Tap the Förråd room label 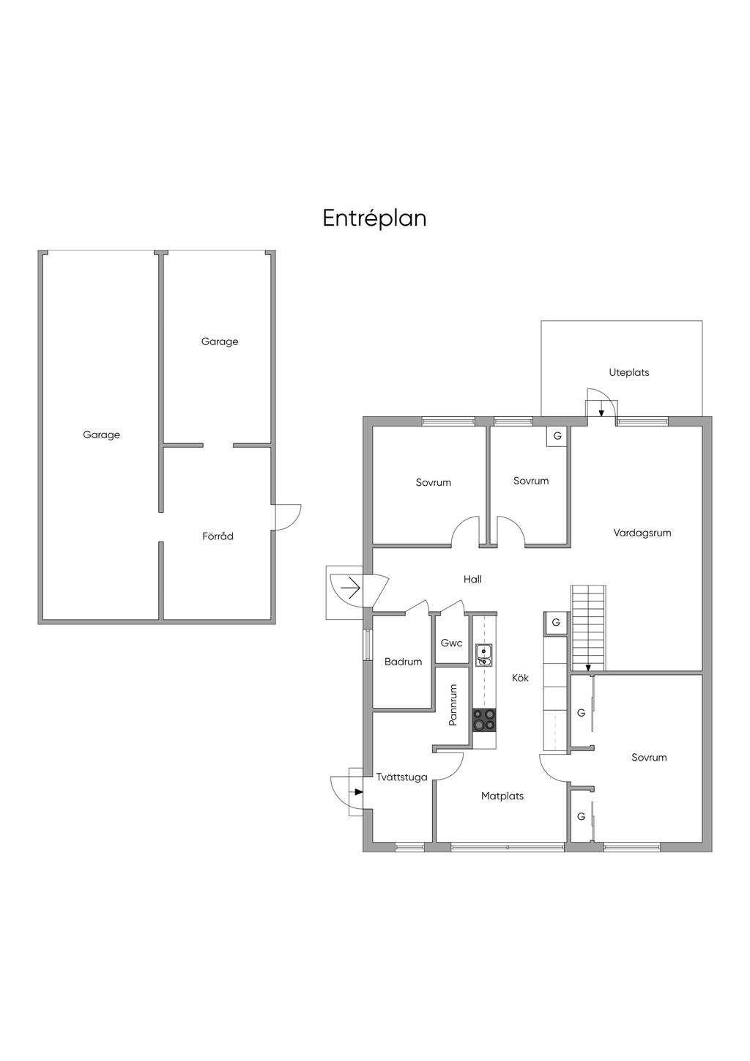(x=218, y=536)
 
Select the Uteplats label (x=629, y=372)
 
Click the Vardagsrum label (x=642, y=533)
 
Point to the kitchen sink (x=484, y=655)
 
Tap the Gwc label (x=451, y=643)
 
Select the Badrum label (x=403, y=662)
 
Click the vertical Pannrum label (x=453, y=705)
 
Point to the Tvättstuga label (x=401, y=777)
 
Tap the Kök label (x=520, y=678)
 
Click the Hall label (x=472, y=579)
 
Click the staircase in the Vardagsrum (x=589, y=628)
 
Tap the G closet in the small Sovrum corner (x=557, y=436)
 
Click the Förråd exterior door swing (x=287, y=517)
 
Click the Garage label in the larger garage (x=101, y=435)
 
